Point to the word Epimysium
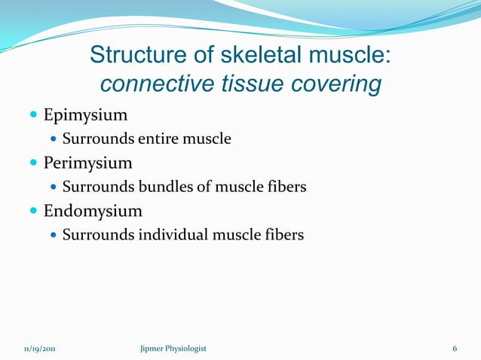85,115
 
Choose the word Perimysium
87,163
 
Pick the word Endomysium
92,210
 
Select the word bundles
164,187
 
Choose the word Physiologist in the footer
187,349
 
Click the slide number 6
455,349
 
